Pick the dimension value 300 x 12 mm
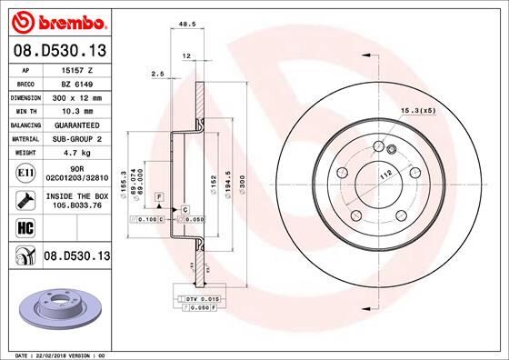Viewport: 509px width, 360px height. (x=74, y=95)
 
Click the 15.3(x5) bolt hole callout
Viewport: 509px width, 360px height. (x=414, y=111)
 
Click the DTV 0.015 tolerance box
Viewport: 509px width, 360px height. (x=197, y=298)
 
